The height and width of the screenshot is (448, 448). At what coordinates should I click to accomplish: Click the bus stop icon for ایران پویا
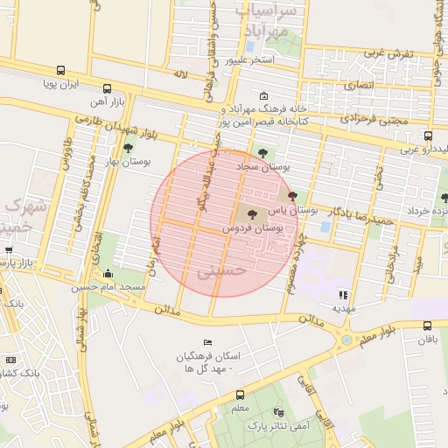pos(60,71)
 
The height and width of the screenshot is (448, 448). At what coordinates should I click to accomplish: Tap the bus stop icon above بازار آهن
pos(107,89)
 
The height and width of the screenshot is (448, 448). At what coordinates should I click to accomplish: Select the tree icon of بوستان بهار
pos(129,148)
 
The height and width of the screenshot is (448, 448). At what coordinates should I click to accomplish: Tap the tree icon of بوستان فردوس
pos(252,213)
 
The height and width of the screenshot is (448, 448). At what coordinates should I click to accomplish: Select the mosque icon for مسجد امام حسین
pos(108,274)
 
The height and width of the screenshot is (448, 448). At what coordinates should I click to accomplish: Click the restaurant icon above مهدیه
pos(343,295)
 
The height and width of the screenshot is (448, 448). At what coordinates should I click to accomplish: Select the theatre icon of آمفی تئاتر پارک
pos(278,412)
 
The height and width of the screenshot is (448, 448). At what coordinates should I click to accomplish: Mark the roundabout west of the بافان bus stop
pos(347,339)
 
